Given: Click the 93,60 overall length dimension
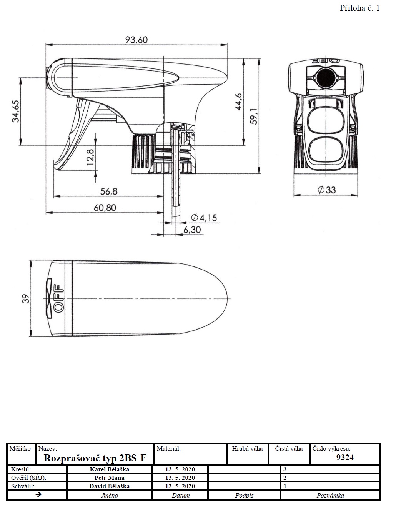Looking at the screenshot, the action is [136, 40].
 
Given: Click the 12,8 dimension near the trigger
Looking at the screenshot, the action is [90, 157].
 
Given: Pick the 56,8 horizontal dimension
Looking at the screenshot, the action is [109, 191].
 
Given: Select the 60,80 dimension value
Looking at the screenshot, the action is [105, 208].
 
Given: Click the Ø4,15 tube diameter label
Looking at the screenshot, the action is [204, 218].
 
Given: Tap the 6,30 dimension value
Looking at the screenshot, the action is [192, 230].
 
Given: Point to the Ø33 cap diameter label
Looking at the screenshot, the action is [326, 190].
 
